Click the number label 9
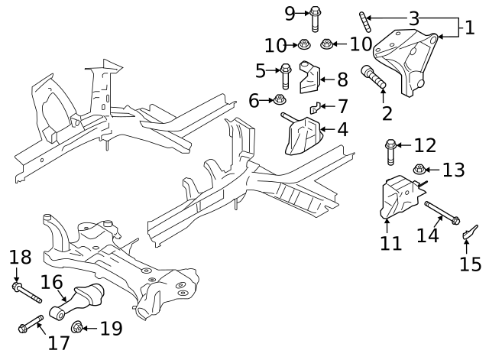click(x=290, y=12)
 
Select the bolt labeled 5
click(x=285, y=74)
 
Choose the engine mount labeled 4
click(x=303, y=136)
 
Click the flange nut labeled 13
click(x=419, y=170)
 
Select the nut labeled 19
click(x=78, y=329)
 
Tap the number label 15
click(x=470, y=264)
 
